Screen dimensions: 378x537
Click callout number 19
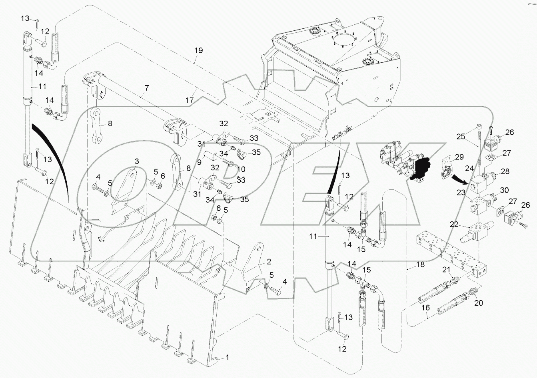pyautogui.click(x=199, y=51)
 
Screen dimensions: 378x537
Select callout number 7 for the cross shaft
pyautogui.click(x=146, y=88)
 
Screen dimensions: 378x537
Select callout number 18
pyautogui.click(x=420, y=264)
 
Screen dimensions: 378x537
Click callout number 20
pyautogui.click(x=478, y=303)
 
